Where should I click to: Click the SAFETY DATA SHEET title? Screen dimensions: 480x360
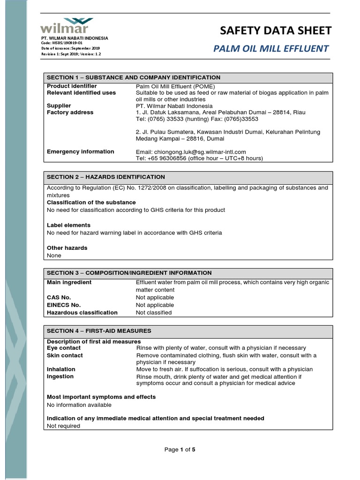click(276, 30)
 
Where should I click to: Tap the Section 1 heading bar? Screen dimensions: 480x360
click(188, 77)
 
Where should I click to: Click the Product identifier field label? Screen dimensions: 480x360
click(72, 86)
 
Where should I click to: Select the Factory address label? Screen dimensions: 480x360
click(70, 112)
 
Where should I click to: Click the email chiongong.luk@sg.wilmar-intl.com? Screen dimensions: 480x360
click(191, 152)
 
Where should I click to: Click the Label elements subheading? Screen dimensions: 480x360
click(68, 225)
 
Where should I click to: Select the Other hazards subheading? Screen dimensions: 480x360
click(67, 248)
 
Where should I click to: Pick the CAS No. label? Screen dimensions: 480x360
click(59, 298)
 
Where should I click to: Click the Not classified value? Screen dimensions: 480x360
click(154, 313)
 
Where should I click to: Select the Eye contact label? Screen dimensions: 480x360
click(63, 348)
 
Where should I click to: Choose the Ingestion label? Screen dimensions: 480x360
click(60, 376)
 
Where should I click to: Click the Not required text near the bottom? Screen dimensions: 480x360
click(63, 426)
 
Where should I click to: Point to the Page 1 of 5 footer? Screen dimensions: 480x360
click(180, 450)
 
